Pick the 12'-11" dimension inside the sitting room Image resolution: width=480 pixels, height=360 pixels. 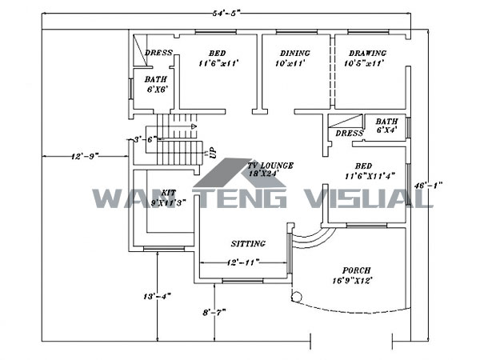click(243, 262)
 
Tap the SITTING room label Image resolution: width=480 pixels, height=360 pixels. click(248, 243)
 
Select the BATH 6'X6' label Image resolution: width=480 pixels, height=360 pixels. click(155, 85)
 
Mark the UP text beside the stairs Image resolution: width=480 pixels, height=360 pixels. click(211, 151)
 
